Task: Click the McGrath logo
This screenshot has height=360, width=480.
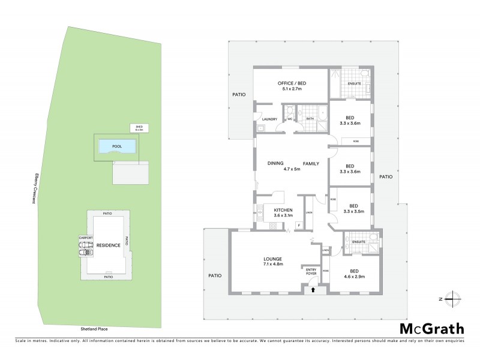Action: (432, 328)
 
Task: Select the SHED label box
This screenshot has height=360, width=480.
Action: (139, 128)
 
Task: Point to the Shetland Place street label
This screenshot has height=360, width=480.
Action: (94, 329)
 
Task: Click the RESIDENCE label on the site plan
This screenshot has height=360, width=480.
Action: (108, 245)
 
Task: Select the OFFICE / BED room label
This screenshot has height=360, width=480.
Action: (290, 86)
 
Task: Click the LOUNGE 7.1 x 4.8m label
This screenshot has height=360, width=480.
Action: (272, 260)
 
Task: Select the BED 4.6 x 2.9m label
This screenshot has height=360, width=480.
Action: (353, 274)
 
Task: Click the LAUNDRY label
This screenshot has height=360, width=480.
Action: (269, 119)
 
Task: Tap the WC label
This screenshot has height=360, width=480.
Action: (290, 119)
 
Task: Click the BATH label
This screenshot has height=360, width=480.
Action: (310, 119)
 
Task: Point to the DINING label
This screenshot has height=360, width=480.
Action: (275, 163)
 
